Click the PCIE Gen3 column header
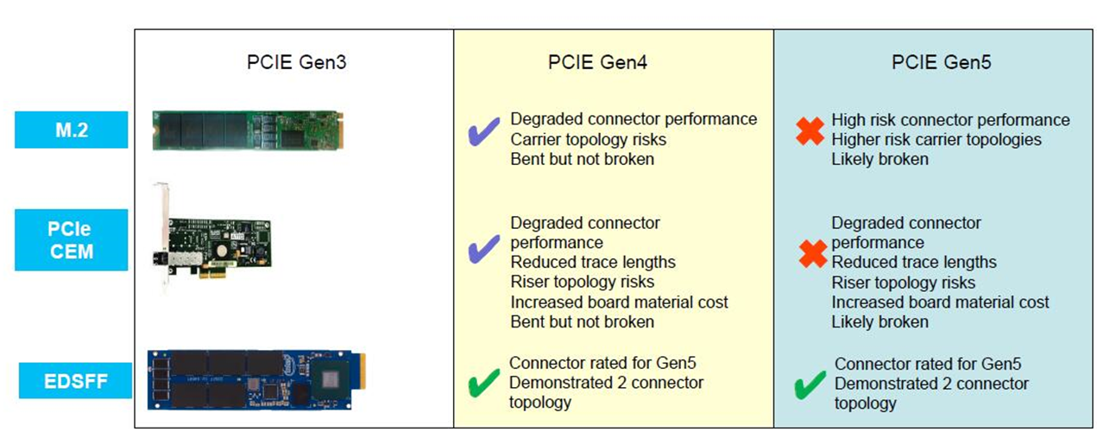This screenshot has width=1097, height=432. [x=296, y=62]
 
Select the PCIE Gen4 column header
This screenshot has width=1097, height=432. [x=597, y=62]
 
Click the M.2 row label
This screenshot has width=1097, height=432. [x=72, y=130]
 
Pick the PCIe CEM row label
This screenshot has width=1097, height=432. [x=72, y=239]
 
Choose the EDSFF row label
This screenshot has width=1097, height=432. [x=77, y=380]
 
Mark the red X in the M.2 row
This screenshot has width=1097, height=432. [x=810, y=133]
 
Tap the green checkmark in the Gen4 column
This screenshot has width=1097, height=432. [x=483, y=383]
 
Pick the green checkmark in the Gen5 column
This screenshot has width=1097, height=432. [x=810, y=385]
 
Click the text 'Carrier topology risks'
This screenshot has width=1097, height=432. [x=588, y=139]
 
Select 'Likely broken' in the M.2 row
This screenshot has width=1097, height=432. [x=880, y=159]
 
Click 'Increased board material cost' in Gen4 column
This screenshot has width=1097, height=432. [x=619, y=302]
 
